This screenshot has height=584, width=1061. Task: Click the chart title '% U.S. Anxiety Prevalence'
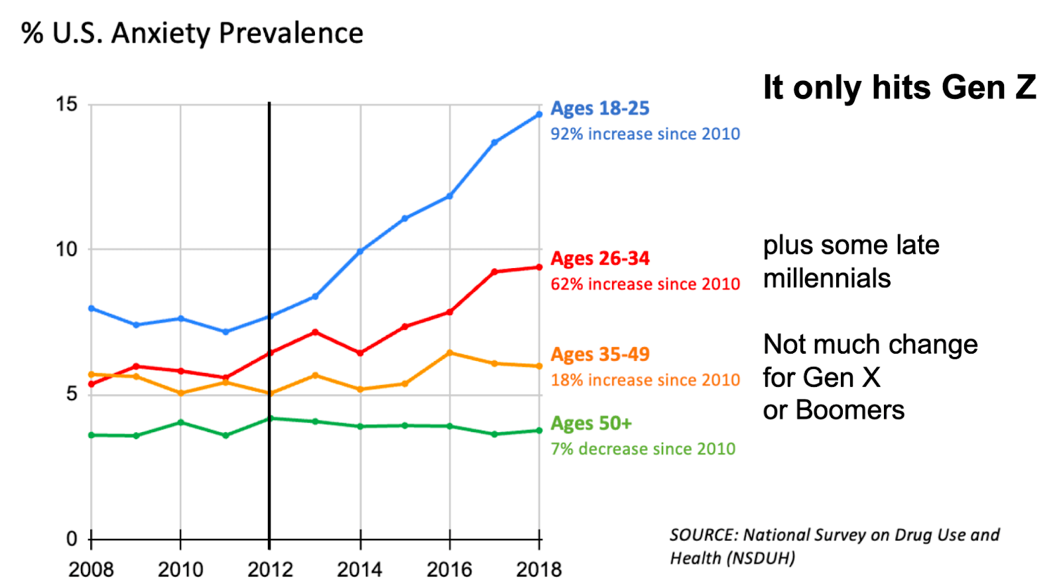[192, 33]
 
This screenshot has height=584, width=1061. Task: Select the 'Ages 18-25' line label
[599, 108]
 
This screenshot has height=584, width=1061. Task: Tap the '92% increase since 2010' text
[645, 134]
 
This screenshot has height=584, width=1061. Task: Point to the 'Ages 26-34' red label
[599, 258]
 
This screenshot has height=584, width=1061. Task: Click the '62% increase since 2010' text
[645, 284]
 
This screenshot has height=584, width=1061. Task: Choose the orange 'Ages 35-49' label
[599, 354]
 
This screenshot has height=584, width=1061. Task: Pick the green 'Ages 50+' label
[591, 423]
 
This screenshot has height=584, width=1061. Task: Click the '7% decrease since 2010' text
[643, 449]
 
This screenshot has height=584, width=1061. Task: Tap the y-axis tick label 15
[66, 104]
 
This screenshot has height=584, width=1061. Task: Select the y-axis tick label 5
[72, 394]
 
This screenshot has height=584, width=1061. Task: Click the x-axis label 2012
[270, 569]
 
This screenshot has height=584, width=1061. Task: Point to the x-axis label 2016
[449, 569]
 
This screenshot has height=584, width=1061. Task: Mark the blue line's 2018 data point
[539, 114]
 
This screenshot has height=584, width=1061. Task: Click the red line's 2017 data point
[495, 271]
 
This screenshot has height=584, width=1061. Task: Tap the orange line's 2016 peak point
[450, 353]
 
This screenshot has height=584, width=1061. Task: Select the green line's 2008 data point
[92, 435]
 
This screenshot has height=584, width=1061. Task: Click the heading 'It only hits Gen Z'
[899, 88]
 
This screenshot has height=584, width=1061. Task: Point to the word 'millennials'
[827, 278]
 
